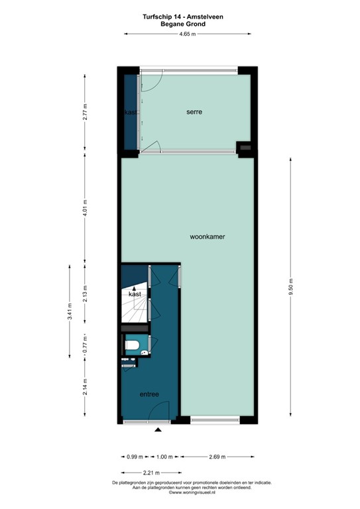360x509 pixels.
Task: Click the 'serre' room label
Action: click(x=194, y=112)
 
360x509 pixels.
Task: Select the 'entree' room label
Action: click(x=149, y=394)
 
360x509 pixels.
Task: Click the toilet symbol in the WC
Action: click(x=131, y=345)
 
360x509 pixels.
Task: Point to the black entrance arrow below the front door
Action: click(x=158, y=431)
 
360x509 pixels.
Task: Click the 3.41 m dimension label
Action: click(x=70, y=311)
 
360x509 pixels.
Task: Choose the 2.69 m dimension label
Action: click(x=216, y=457)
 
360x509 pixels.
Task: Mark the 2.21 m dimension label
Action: click(x=150, y=472)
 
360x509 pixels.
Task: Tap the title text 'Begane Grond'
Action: click(x=183, y=24)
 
